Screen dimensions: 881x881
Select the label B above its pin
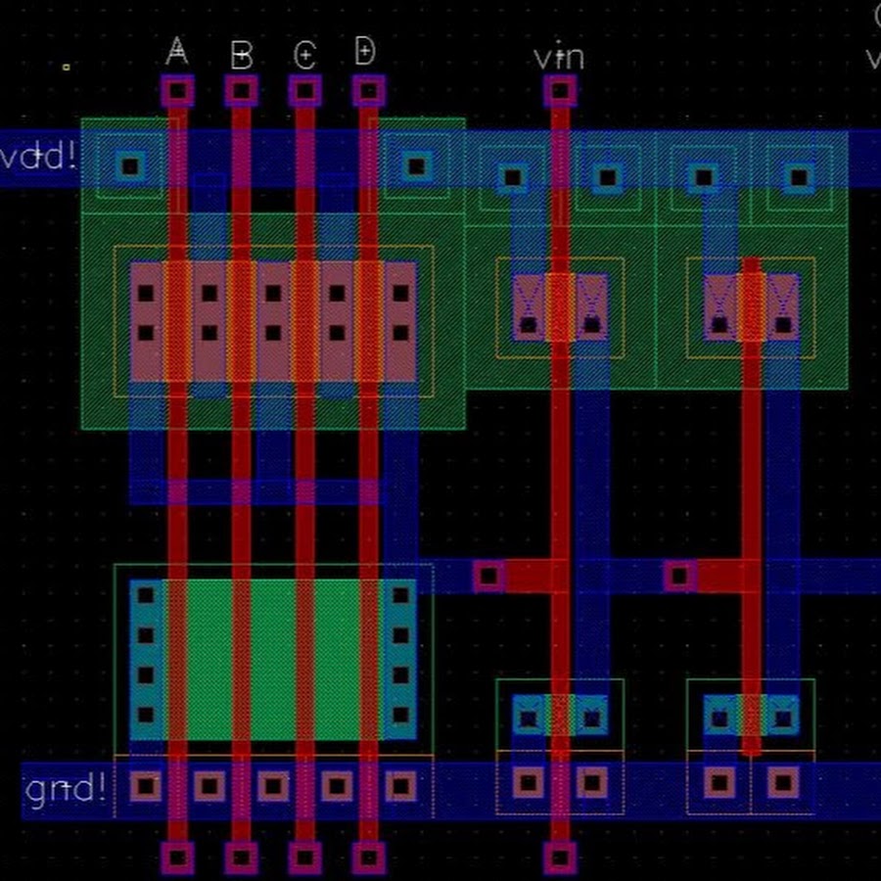[241, 55]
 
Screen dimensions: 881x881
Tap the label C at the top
[304, 55]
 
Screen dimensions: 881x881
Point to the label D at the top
[364, 51]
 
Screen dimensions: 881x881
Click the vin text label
[559, 57]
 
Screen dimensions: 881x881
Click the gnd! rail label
[65, 787]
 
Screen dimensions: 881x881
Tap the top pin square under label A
[177, 92]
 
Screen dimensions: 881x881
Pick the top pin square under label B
[241, 92]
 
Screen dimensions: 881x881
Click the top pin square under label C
[304, 92]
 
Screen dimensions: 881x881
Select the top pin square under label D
[368, 92]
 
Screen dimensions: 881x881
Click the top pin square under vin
[559, 92]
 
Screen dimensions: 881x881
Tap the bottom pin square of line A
[177, 858]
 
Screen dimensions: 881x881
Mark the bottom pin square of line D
[368, 858]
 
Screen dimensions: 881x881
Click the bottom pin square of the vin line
[559, 858]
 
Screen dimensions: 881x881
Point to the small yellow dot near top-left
[67, 67]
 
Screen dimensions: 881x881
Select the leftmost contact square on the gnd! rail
[146, 785]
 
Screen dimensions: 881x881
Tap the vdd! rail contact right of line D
[417, 164]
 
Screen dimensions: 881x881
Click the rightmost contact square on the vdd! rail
[800, 177]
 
